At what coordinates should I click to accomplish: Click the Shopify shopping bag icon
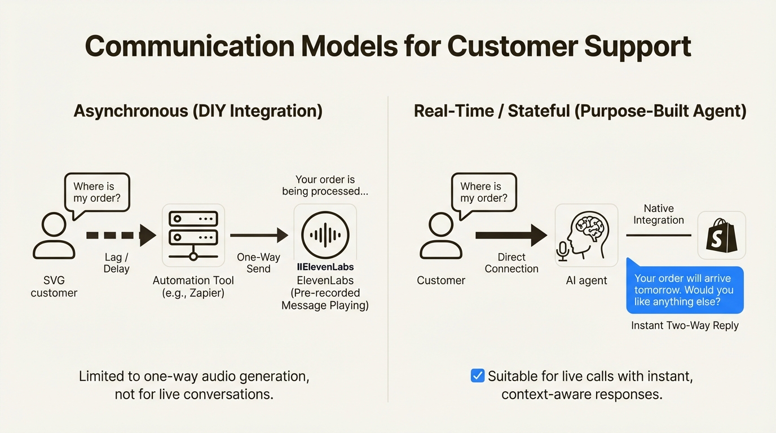click(721, 236)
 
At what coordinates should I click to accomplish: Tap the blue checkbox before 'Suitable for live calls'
click(477, 375)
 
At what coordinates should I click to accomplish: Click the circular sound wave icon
click(325, 235)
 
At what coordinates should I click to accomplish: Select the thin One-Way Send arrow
click(259, 235)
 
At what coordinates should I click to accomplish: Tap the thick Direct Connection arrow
click(511, 235)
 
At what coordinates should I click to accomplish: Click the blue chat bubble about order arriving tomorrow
click(685, 290)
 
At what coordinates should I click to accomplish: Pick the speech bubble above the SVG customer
click(97, 193)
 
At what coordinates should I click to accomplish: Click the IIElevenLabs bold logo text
click(325, 267)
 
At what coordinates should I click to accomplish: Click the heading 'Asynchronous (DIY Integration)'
click(198, 111)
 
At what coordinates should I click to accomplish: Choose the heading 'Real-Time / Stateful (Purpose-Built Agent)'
click(580, 111)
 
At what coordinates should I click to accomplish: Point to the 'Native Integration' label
click(658, 214)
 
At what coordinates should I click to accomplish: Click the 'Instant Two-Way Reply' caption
click(685, 325)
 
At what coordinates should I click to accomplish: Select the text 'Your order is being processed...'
click(325, 185)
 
